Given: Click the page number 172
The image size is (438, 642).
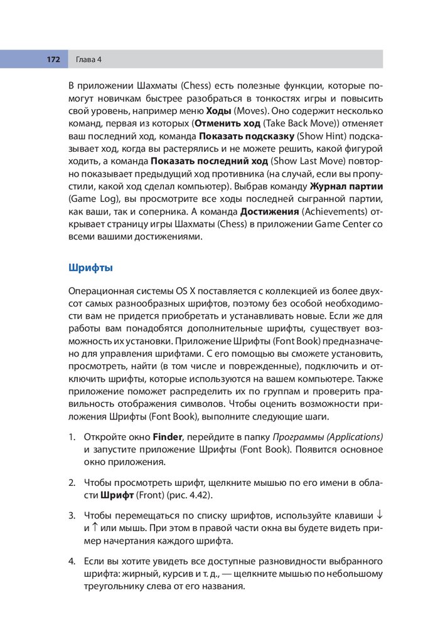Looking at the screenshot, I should click(53, 60).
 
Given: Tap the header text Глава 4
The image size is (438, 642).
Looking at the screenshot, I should click(88, 60).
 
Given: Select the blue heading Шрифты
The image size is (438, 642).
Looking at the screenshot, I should click(90, 268).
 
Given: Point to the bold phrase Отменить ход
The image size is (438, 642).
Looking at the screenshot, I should click(227, 124).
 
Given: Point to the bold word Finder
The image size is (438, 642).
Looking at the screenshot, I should click(168, 436).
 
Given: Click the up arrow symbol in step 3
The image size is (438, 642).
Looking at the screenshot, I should click(95, 528).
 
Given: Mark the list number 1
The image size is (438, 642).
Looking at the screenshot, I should click(72, 436).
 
